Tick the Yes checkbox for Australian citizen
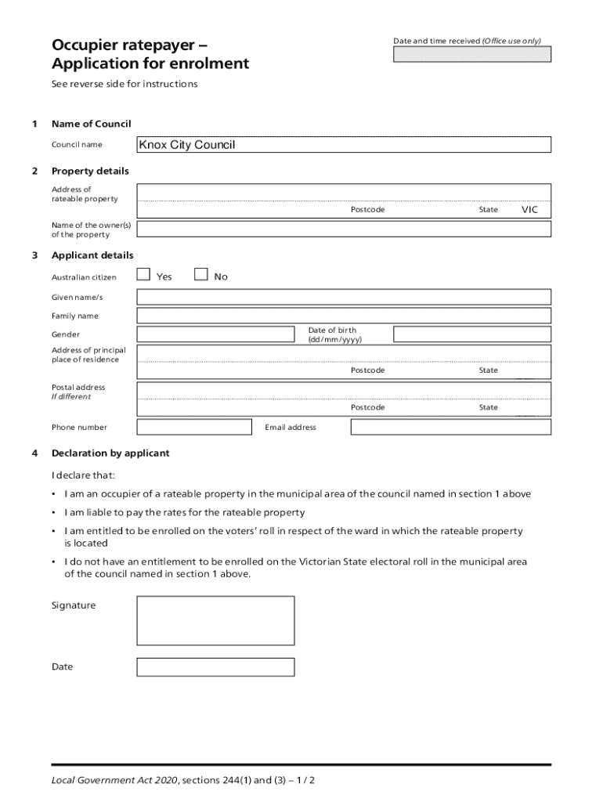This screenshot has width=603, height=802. pyautogui.click(x=143, y=274)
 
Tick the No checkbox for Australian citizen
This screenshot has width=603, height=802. pyautogui.click(x=200, y=274)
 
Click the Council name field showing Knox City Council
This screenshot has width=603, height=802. pyautogui.click(x=344, y=145)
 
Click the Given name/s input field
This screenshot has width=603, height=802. pyautogui.click(x=344, y=298)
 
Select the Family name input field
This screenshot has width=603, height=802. pyautogui.click(x=344, y=316)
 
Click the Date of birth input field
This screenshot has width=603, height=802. pyautogui.click(x=471, y=334)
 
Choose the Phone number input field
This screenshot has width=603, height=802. pyautogui.click(x=194, y=427)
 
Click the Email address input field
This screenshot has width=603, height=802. pyautogui.click(x=450, y=427)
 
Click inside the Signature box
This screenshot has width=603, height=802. pyautogui.click(x=215, y=620)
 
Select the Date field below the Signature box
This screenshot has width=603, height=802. pyautogui.click(x=215, y=667)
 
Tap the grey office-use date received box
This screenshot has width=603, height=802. pyautogui.click(x=471, y=54)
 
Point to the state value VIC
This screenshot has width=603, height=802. pyautogui.click(x=530, y=209)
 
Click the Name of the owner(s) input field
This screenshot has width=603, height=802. pyautogui.click(x=344, y=229)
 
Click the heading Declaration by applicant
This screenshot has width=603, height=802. pyautogui.click(x=110, y=453)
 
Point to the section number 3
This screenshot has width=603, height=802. pyautogui.click(x=34, y=255)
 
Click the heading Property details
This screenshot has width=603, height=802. pyautogui.click(x=90, y=171)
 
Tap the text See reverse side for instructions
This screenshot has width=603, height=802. pyautogui.click(x=125, y=84)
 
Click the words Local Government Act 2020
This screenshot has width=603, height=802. pyautogui.click(x=114, y=781)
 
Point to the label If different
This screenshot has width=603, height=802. pyautogui.click(x=71, y=396)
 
